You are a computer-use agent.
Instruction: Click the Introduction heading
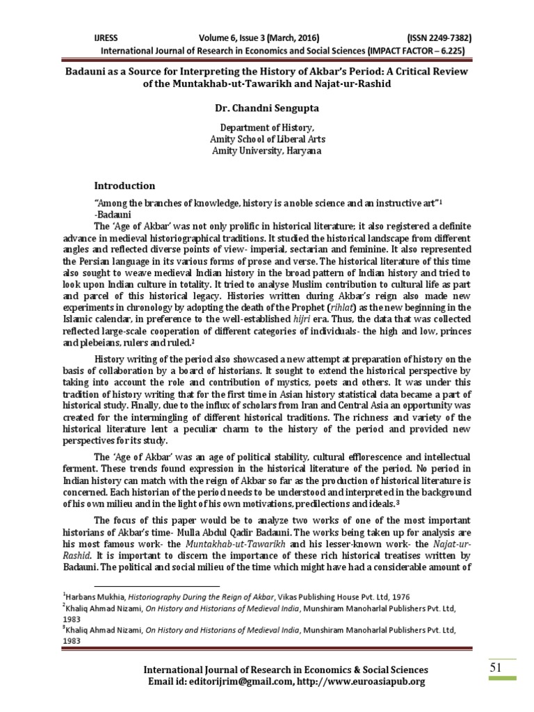(x=124, y=186)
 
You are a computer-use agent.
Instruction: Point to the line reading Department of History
(x=267, y=128)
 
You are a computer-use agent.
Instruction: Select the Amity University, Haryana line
(x=267, y=149)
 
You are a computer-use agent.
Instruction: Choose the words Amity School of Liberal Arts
(x=267, y=139)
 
